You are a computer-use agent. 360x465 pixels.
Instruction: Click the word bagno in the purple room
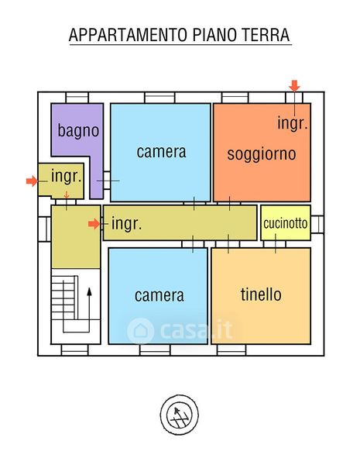tap(78, 130)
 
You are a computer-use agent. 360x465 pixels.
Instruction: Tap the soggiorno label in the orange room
tap(262, 154)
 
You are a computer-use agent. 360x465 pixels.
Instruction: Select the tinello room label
tap(261, 294)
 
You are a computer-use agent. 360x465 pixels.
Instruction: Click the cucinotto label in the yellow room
tap(286, 223)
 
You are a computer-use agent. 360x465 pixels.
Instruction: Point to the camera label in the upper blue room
tap(161, 152)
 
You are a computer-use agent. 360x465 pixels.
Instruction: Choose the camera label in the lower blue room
tap(159, 296)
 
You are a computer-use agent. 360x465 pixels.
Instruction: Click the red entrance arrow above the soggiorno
tap(294, 86)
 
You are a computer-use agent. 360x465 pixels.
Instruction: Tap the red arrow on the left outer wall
tap(32, 181)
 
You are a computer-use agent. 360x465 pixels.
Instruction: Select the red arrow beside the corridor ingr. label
tap(94, 224)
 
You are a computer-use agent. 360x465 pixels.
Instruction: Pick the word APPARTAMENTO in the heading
tap(129, 35)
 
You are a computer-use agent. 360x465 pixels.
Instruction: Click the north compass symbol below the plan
tap(180, 415)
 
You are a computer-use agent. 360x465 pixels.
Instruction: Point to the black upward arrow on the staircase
tap(89, 309)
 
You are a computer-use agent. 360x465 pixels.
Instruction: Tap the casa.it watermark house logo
tap(140, 331)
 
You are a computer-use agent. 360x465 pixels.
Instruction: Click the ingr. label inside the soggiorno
tap(292, 123)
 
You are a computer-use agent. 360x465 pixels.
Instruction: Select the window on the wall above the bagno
tap(77, 98)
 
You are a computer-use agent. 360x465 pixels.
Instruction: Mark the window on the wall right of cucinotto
tap(317, 224)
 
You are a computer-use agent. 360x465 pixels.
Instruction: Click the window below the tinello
tap(231, 350)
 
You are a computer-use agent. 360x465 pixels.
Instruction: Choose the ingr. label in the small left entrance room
tap(66, 176)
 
